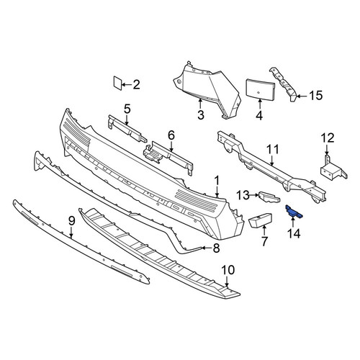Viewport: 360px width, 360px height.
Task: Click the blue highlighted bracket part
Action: click(x=294, y=212)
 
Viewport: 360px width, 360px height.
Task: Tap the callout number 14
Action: click(x=294, y=233)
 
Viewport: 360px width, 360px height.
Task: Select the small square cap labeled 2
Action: click(x=117, y=83)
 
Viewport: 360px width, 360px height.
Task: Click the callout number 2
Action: click(x=136, y=85)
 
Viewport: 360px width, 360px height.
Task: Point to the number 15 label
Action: click(x=315, y=96)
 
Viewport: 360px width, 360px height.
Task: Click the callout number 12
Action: click(x=328, y=138)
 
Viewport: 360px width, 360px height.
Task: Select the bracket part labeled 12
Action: click(x=333, y=170)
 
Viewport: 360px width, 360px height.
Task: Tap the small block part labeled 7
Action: click(x=261, y=220)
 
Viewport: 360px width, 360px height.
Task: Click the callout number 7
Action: click(x=264, y=241)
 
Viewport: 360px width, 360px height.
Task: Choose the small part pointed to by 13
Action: click(x=269, y=197)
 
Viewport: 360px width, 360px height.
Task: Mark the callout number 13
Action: click(x=243, y=195)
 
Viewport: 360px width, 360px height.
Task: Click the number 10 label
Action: click(x=228, y=270)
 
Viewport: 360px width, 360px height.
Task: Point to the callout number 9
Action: click(x=72, y=221)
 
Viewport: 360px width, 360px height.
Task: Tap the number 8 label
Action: click(x=216, y=248)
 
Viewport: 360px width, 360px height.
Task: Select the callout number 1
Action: click(x=217, y=181)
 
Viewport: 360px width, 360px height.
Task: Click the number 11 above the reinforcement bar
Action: click(x=272, y=149)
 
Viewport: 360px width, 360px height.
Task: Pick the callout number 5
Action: click(x=127, y=109)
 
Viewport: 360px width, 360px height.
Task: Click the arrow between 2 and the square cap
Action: click(x=127, y=85)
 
